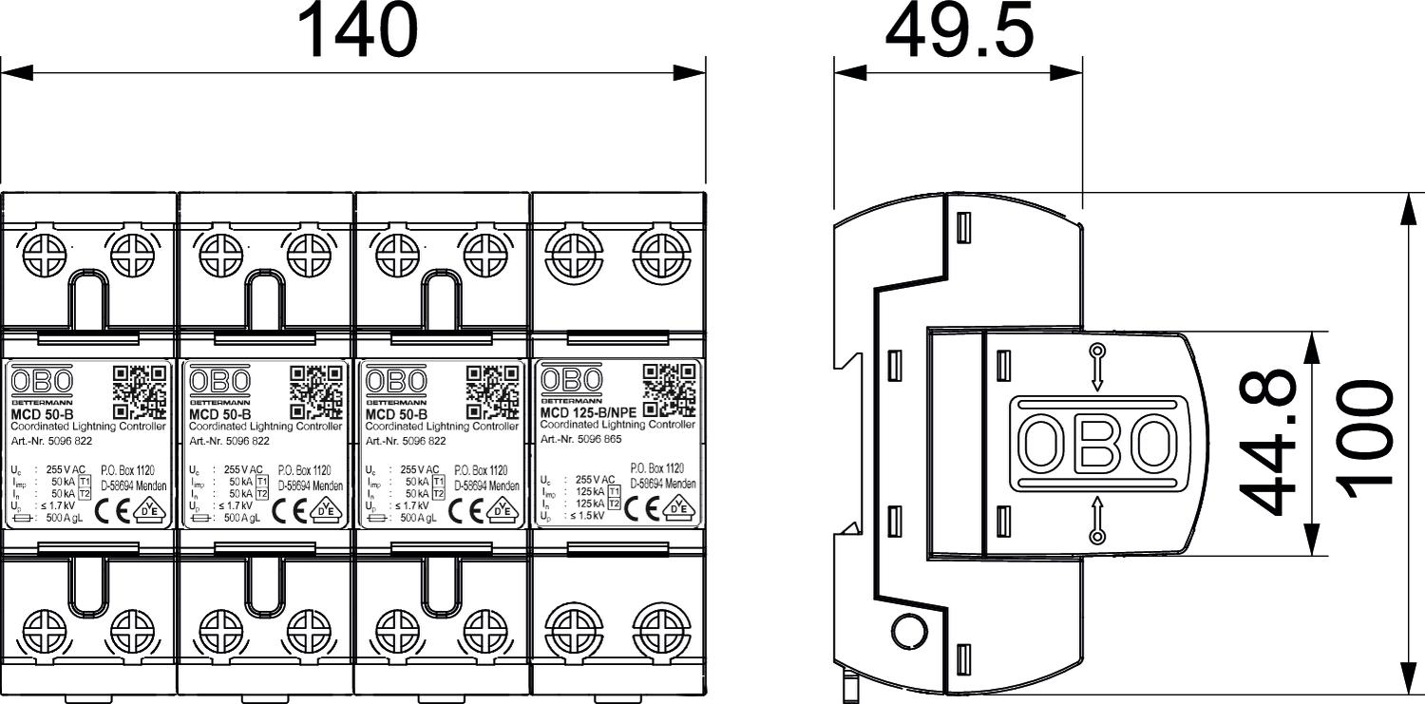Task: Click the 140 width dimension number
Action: (x=357, y=31)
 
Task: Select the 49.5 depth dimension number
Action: (x=959, y=31)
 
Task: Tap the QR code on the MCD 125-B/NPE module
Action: (x=670, y=390)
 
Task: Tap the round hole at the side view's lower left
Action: (x=907, y=629)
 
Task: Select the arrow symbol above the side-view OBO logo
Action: (x=1097, y=366)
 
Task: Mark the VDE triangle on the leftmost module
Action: (x=149, y=507)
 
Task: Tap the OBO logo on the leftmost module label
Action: (x=41, y=382)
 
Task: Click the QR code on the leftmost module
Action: (x=140, y=391)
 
